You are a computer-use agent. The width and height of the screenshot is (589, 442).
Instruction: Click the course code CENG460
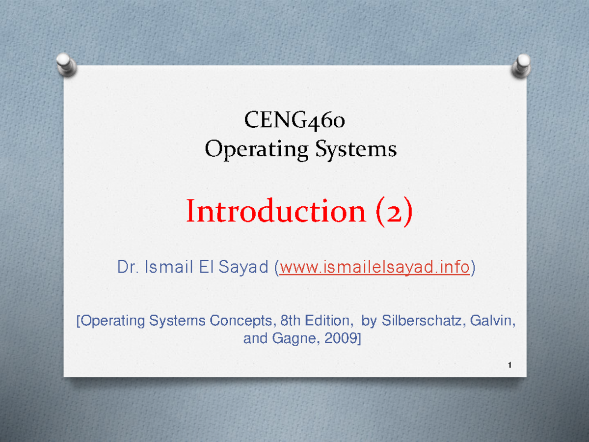pyautogui.click(x=294, y=120)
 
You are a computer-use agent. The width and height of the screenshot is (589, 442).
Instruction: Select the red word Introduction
pyautogui.click(x=275, y=212)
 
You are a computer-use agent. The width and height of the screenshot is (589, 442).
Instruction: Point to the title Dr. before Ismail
pyautogui.click(x=127, y=268)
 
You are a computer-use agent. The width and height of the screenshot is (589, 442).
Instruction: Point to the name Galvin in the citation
pyautogui.click(x=493, y=321)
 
